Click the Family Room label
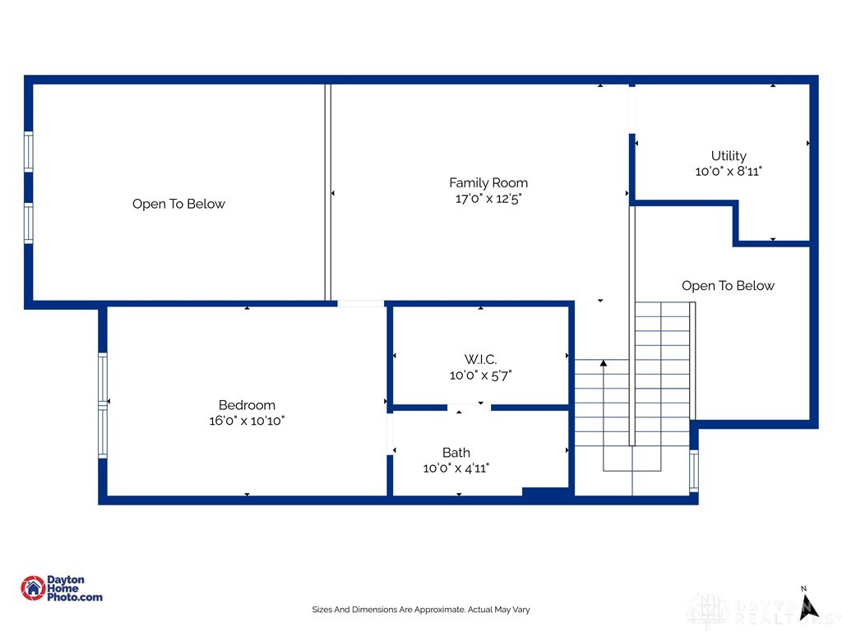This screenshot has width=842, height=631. coord(488,183)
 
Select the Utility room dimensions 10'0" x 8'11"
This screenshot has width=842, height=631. coord(729,172)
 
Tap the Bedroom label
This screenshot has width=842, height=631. coord(247,405)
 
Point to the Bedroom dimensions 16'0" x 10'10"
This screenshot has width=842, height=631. coord(247,421)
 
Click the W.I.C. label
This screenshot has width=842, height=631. coord(480,359)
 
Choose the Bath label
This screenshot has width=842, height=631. coord(456,453)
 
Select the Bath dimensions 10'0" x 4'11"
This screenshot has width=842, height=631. coord(456,468)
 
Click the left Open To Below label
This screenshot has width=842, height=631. coord(178,204)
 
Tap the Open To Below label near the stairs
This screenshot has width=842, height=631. coord(728,286)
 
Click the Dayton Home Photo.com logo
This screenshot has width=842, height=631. coord(62,588)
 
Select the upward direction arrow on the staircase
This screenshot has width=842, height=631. coord(604,362)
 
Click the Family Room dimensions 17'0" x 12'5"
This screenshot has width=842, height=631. coord(488,199)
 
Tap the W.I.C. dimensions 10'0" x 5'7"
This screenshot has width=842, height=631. coord(480,375)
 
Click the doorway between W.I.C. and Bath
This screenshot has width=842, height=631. coord(470,407)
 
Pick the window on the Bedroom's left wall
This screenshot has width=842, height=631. coord(103,404)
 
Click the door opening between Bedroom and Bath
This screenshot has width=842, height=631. coord(389,433)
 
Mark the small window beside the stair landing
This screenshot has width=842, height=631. coord(694,471)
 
